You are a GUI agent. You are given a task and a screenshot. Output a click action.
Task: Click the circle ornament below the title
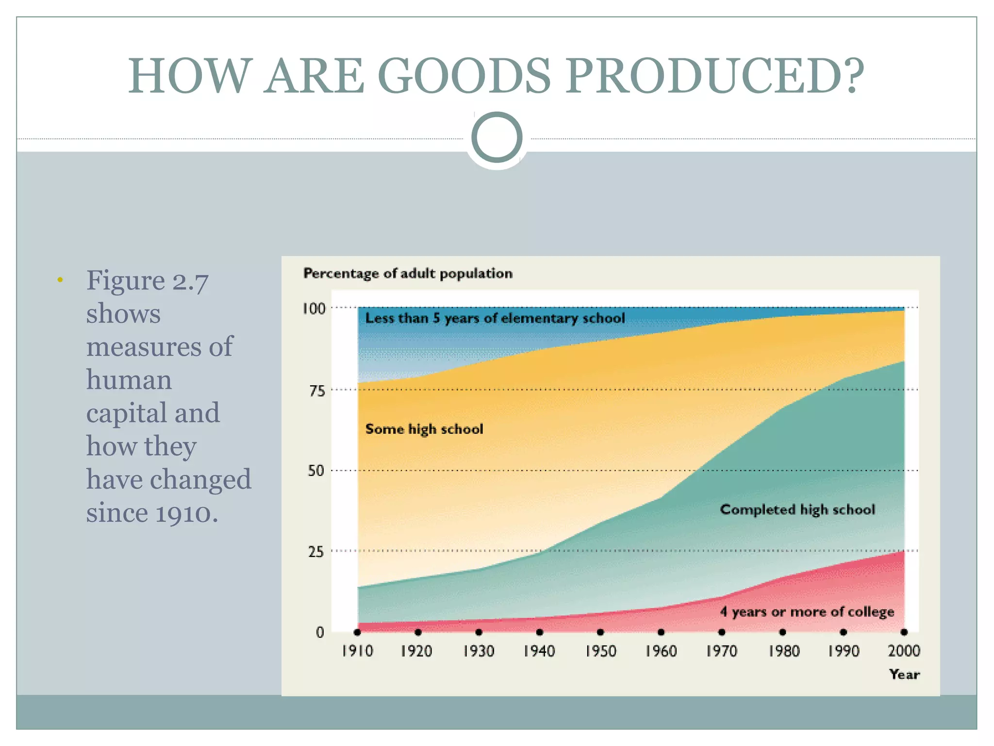[x=497, y=137]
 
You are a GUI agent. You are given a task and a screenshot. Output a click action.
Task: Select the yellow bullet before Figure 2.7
[x=60, y=280]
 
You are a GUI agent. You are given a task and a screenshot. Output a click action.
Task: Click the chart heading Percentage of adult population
[x=408, y=273]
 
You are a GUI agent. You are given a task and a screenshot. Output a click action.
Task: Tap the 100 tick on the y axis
[x=314, y=308]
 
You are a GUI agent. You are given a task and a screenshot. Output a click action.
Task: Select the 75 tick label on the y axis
[x=317, y=391]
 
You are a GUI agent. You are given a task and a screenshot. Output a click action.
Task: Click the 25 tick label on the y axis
[x=316, y=552]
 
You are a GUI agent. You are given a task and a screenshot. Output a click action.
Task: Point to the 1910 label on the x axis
[x=357, y=651]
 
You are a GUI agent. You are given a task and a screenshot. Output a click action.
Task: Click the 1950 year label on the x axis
[x=600, y=651]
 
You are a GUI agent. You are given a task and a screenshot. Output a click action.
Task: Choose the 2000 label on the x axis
[x=904, y=651]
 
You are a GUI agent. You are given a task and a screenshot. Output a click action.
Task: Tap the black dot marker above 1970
[x=722, y=632]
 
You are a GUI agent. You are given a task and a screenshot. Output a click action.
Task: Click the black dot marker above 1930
[x=479, y=632]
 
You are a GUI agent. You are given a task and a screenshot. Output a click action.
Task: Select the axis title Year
[x=904, y=674]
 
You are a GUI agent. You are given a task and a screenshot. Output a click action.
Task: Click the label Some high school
[x=424, y=429]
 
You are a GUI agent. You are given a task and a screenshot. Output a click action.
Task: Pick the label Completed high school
[x=797, y=509]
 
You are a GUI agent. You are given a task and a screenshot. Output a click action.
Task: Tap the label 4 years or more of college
[x=807, y=612]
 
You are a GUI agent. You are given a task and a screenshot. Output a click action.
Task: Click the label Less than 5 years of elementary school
[x=495, y=319]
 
